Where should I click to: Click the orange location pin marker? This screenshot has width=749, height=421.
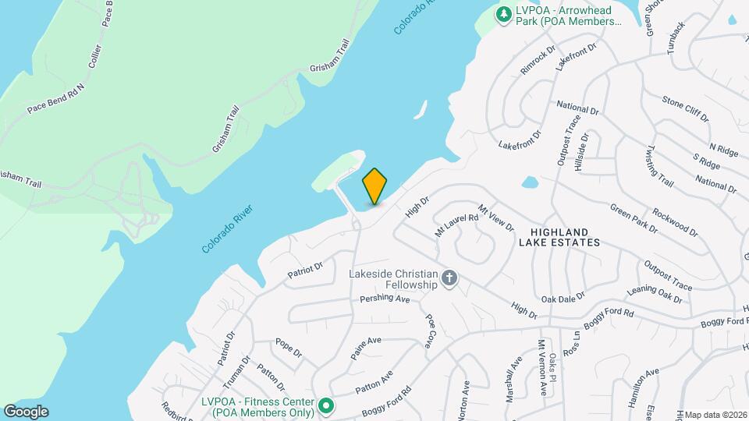point(375,186)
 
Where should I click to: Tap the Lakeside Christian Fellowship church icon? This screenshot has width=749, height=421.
point(449,278)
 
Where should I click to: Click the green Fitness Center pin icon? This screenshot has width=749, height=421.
point(326,405)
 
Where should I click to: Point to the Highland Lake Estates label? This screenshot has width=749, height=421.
point(565,237)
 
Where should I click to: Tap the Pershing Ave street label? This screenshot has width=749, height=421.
point(385,299)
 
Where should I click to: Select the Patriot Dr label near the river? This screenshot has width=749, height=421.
point(304,269)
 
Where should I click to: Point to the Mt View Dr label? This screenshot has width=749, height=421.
point(496,218)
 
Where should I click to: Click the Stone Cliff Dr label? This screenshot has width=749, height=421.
point(685,109)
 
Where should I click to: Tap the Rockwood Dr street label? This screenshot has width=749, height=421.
point(676,220)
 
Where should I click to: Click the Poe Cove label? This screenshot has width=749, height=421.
point(429,330)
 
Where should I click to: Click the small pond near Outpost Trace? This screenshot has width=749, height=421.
point(530,183)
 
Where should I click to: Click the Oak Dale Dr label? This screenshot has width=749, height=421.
point(563,297)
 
